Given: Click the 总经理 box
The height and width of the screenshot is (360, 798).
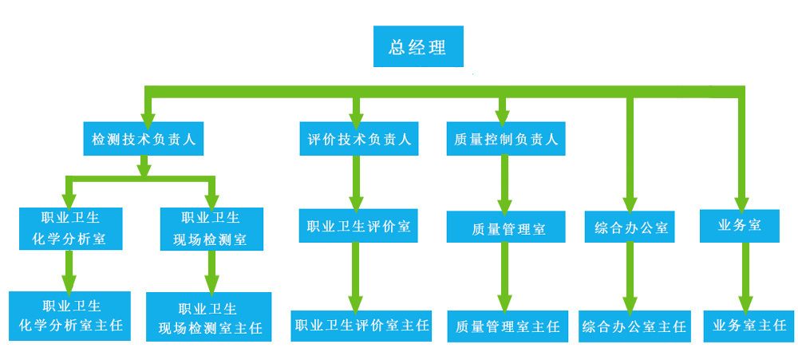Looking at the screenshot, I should click(x=418, y=46).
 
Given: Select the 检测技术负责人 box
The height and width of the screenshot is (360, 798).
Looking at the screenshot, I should click(x=144, y=139).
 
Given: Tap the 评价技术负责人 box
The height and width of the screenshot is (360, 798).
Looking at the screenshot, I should click(x=358, y=139).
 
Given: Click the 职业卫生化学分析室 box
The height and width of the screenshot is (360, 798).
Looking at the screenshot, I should click(x=72, y=228).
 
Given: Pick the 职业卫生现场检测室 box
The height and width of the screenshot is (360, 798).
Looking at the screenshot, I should click(x=212, y=228).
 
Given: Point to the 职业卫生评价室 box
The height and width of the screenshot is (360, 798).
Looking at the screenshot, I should click(x=358, y=226).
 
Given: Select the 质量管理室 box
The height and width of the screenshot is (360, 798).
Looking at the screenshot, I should click(x=506, y=227).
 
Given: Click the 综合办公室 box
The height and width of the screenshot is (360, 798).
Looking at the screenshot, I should click(x=630, y=227).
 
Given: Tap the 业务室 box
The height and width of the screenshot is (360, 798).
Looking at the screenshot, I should click(x=739, y=226).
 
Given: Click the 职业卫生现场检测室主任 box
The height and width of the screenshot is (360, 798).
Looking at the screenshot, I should click(x=208, y=317).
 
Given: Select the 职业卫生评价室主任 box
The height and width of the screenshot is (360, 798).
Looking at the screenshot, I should click(x=361, y=326).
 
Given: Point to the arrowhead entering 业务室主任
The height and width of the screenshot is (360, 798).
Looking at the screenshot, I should click(x=745, y=304).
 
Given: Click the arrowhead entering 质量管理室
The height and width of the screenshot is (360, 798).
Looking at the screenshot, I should click(x=505, y=204).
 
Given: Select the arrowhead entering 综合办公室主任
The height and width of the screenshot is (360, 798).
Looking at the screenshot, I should click(x=630, y=304).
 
